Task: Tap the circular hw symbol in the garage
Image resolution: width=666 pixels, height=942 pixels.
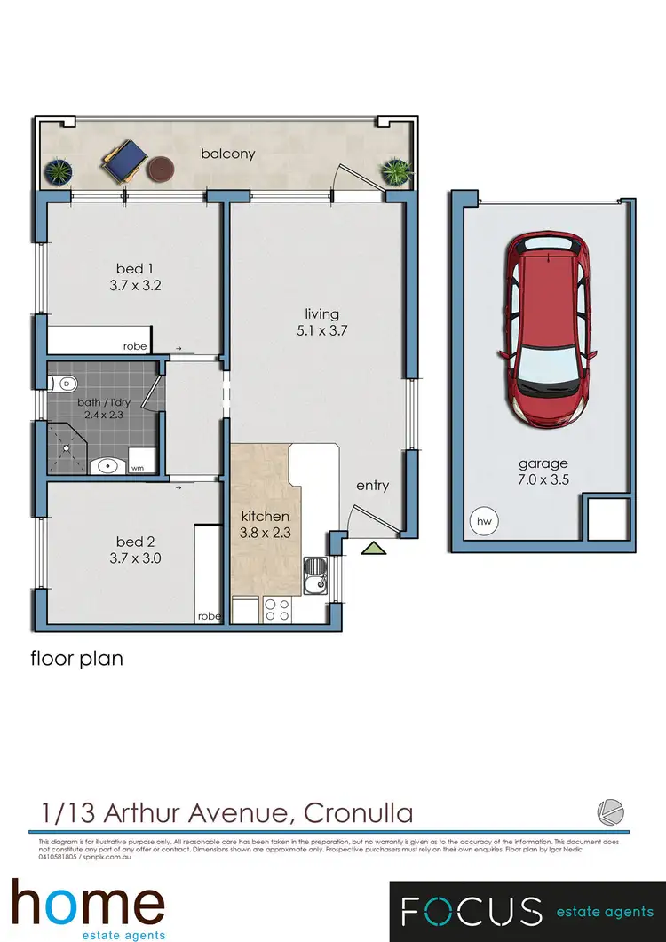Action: click(x=484, y=521)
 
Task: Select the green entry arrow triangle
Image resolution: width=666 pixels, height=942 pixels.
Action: click(x=375, y=549)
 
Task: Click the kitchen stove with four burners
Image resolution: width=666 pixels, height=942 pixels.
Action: click(x=277, y=609)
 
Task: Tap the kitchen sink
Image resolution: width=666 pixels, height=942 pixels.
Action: click(x=315, y=576)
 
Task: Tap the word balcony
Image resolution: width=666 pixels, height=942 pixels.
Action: click(x=228, y=154)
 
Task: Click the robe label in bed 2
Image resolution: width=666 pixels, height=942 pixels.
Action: click(x=209, y=615)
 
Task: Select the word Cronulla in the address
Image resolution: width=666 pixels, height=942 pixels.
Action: click(x=359, y=811)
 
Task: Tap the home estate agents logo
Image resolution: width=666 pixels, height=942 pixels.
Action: click(x=88, y=908)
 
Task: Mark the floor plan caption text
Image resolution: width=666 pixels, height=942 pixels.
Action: click(x=76, y=658)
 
